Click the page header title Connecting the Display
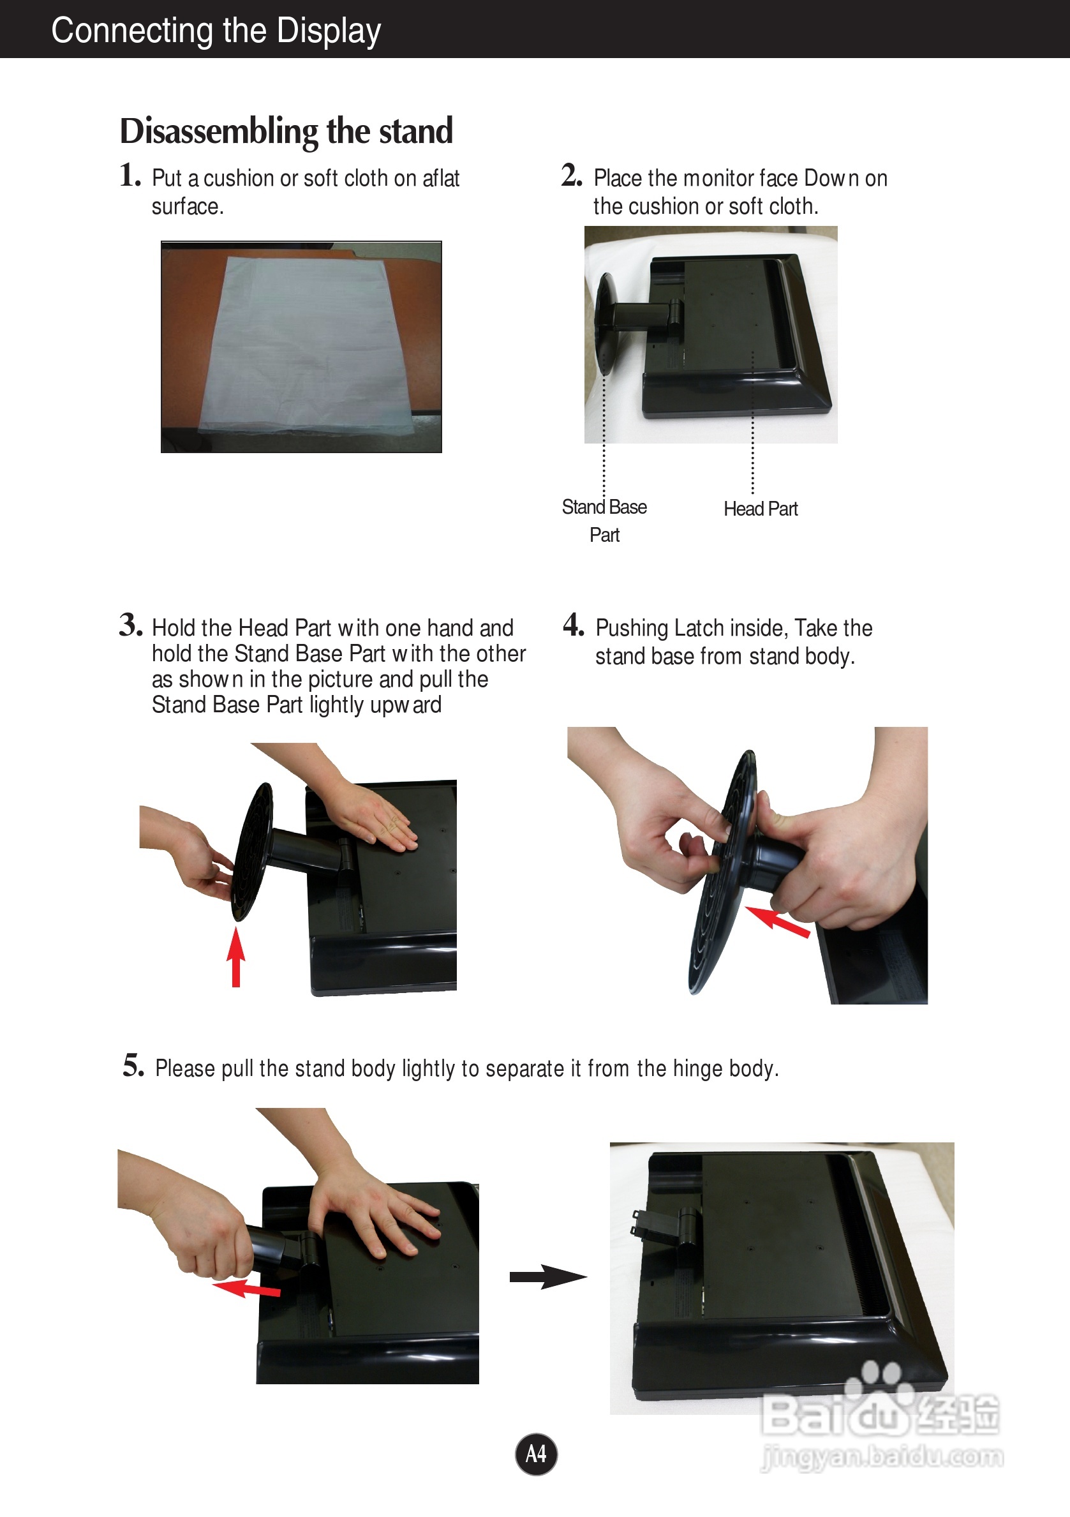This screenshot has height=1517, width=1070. (x=216, y=31)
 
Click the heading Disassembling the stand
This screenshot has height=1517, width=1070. (x=286, y=131)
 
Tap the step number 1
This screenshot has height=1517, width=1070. (x=130, y=175)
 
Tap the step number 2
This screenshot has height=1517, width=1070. (x=572, y=175)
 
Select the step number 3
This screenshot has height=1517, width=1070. (x=131, y=624)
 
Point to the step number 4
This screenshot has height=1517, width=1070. (x=574, y=624)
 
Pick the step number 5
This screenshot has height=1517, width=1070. (x=133, y=1065)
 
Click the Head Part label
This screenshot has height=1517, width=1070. (x=761, y=509)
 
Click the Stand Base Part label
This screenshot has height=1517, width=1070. (x=604, y=521)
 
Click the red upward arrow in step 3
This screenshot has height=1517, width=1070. (x=236, y=956)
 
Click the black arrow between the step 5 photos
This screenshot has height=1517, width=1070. (x=548, y=1277)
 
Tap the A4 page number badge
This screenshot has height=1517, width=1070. (x=536, y=1454)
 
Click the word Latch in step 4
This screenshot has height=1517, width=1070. (x=695, y=628)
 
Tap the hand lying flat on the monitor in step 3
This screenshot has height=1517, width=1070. (x=370, y=812)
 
